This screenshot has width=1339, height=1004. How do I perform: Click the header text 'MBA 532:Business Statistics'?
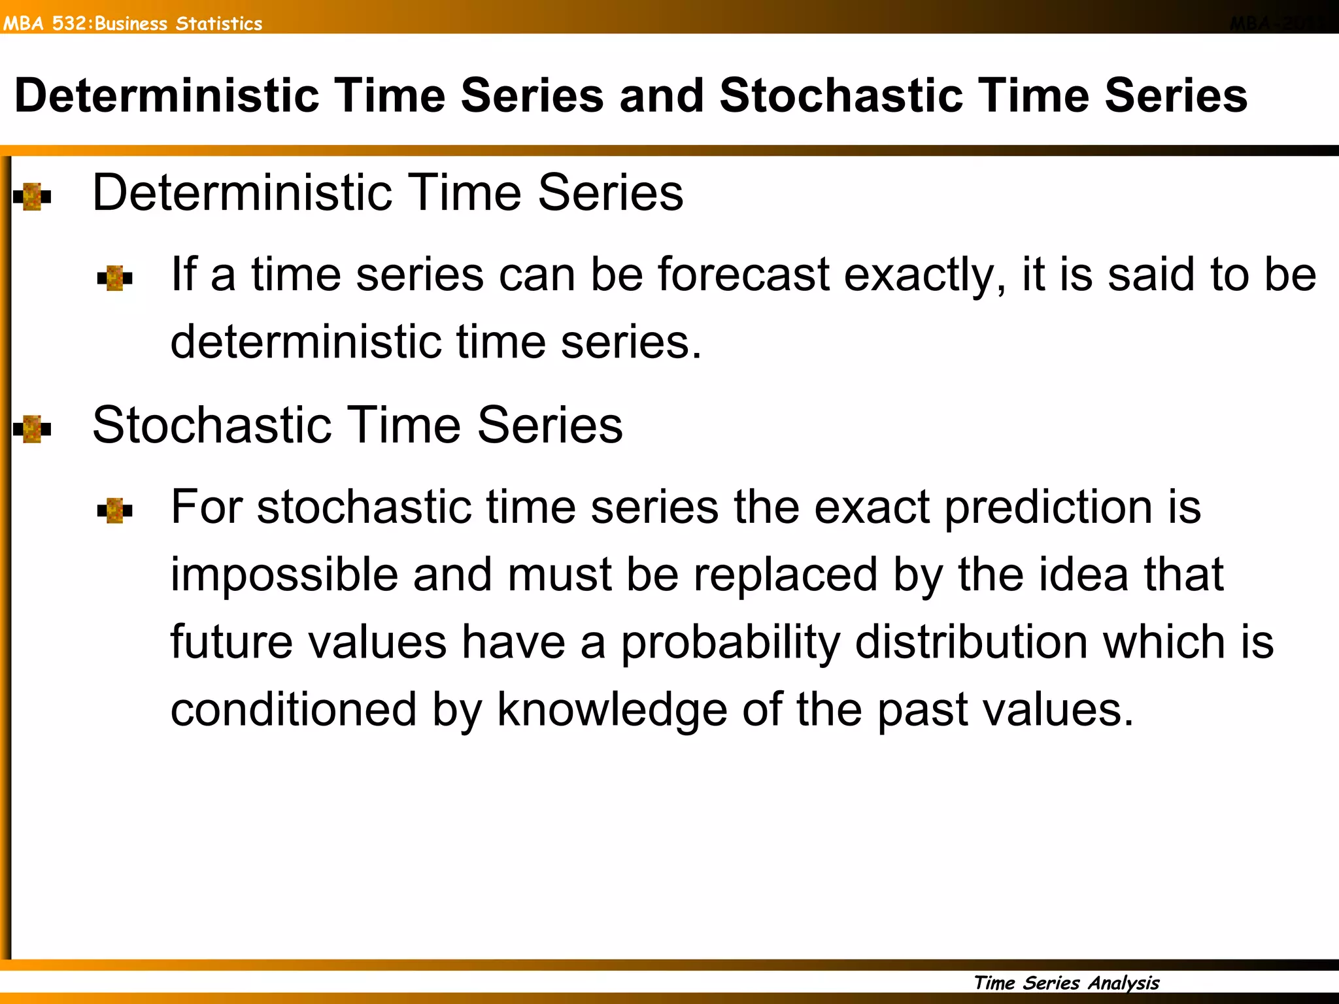pyautogui.click(x=133, y=24)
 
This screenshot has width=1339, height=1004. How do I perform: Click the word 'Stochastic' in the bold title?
pyautogui.click(x=841, y=96)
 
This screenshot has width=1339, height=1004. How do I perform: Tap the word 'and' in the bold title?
pyautogui.click(x=661, y=96)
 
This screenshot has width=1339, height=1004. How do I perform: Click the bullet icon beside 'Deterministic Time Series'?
pyautogui.click(x=32, y=196)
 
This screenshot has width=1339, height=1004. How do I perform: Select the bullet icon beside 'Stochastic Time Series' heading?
pyautogui.click(x=32, y=429)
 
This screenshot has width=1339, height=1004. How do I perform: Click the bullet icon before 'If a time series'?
pyautogui.click(x=114, y=278)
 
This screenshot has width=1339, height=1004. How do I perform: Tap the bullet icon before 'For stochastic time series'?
pyautogui.click(x=114, y=510)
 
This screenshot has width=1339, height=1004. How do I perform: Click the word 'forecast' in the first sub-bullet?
pyautogui.click(x=743, y=275)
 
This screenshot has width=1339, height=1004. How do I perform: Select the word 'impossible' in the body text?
pyautogui.click(x=284, y=575)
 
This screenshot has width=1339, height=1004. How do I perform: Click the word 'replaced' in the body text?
pyautogui.click(x=785, y=575)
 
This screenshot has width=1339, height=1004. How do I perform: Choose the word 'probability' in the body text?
pyautogui.click(x=730, y=643)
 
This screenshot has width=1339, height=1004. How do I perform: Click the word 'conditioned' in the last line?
pyautogui.click(x=293, y=710)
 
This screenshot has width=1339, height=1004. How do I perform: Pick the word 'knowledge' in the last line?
pyautogui.click(x=612, y=711)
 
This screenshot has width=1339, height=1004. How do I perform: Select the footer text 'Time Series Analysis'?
pyautogui.click(x=1066, y=982)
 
